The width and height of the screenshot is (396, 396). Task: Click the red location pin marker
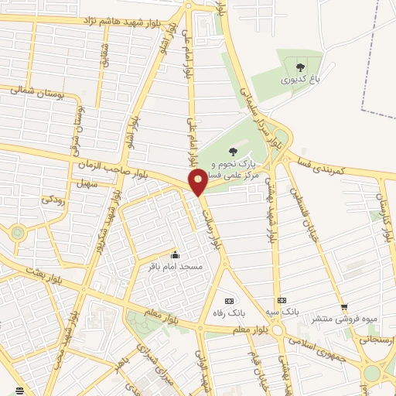pos(198,182)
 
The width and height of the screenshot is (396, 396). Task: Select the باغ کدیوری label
pos(299,79)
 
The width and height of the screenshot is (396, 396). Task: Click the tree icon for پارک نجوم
pos(233,152)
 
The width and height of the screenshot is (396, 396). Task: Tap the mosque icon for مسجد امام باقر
pos(176,254)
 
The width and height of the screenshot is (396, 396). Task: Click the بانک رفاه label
pos(228,313)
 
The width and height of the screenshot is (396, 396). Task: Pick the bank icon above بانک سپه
pos(281,300)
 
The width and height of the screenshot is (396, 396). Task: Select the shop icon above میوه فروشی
pos(343,306)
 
